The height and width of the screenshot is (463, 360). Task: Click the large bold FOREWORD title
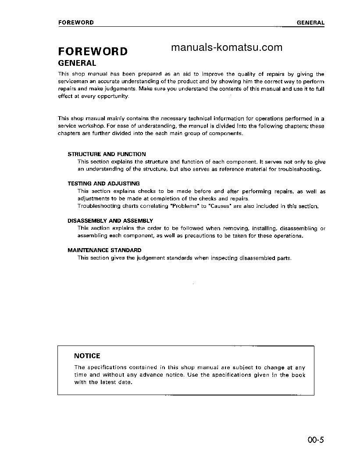coord(93,51)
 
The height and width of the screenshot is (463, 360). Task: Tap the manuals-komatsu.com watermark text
coord(227,48)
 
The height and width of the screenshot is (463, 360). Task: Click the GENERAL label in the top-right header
coord(310,23)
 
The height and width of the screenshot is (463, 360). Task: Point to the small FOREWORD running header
coord(76,22)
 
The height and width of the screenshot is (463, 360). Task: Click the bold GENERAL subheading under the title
coord(77,63)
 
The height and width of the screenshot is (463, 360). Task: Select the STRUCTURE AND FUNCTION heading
coord(107,154)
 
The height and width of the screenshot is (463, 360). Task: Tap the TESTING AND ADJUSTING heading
coord(103,184)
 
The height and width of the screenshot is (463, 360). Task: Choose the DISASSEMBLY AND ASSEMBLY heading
coord(110,221)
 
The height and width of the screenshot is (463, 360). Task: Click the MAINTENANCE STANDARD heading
coord(104,250)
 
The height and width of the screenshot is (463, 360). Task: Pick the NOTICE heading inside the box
coord(87,356)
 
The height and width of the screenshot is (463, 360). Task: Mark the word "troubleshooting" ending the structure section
coord(300,169)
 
